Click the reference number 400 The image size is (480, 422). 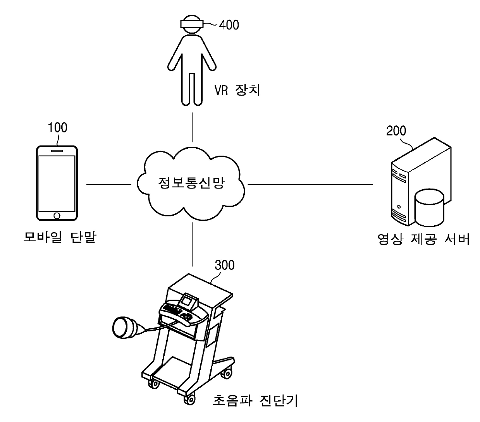(x=229, y=25)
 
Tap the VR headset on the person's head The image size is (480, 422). (x=192, y=23)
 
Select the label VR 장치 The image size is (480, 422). (x=237, y=90)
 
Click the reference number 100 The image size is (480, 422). (x=57, y=127)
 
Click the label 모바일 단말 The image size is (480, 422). (x=59, y=237)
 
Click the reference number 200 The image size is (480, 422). (x=396, y=130)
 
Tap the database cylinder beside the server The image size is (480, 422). (x=429, y=208)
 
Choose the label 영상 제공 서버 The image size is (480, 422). (x=423, y=239)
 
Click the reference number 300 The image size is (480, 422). (x=224, y=265)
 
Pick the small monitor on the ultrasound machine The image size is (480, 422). (x=188, y=300)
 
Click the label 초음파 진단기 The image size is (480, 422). (x=255, y=401)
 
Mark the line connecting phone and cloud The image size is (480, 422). (x=108, y=185)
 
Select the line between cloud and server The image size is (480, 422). (x=310, y=185)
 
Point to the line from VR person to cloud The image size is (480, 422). (x=192, y=128)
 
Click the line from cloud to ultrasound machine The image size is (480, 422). (x=192, y=244)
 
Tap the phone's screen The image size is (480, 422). (x=57, y=182)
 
